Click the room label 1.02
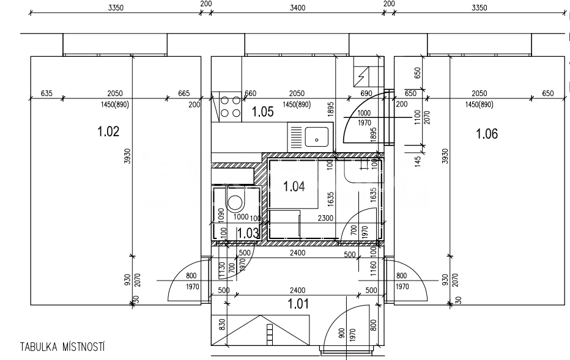pyautogui.click(x=108, y=131)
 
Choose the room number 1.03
pyautogui.click(x=248, y=232)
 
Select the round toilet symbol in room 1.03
pyautogui.click(x=235, y=204)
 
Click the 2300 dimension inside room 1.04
pyautogui.click(x=325, y=217)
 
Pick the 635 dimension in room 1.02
pyautogui.click(x=47, y=93)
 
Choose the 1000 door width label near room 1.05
pyautogui.click(x=364, y=113)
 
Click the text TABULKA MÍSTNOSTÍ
pyautogui.click(x=62, y=347)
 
